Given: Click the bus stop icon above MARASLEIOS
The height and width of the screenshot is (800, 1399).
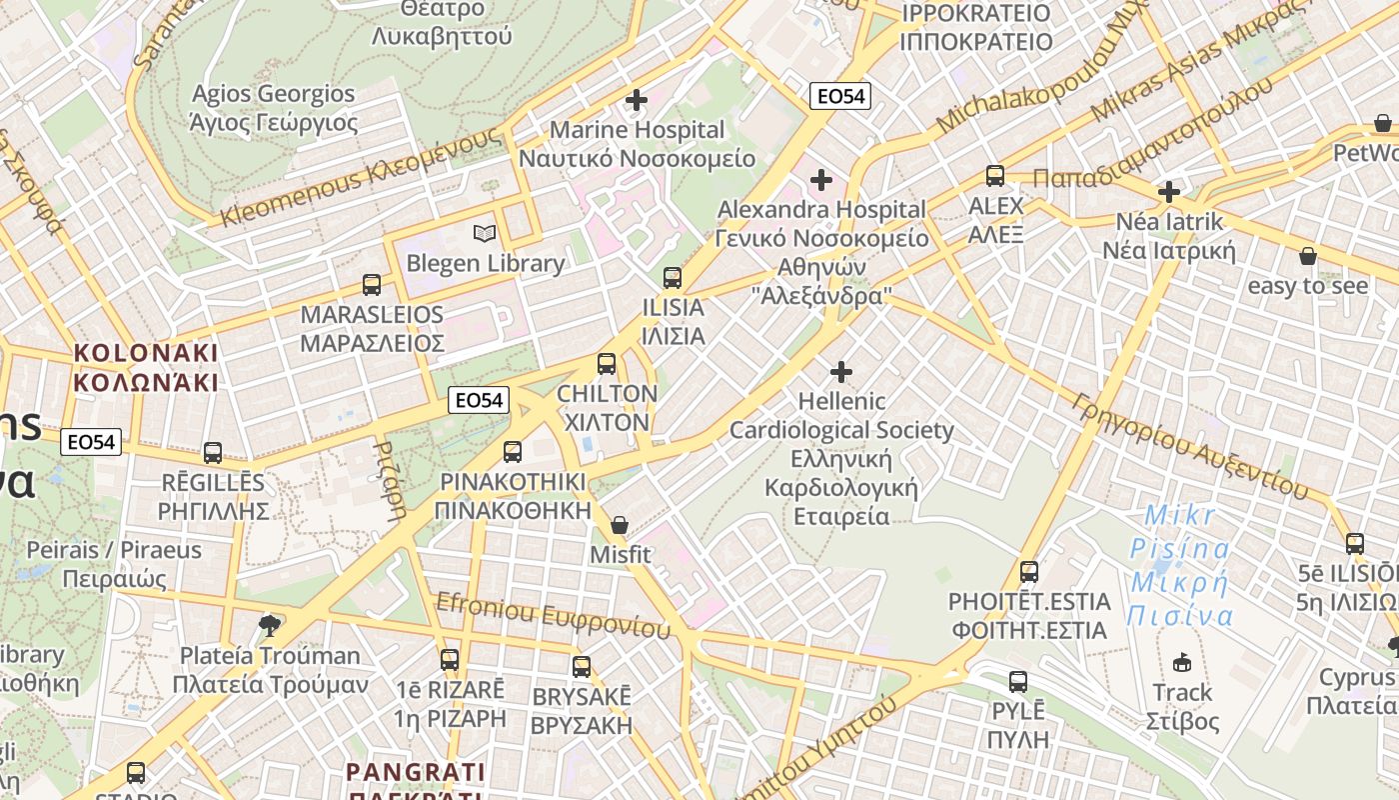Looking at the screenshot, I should (x=372, y=285).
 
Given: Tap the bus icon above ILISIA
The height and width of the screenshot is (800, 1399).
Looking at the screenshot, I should (x=673, y=278).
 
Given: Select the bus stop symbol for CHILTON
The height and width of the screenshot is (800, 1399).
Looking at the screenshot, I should (x=607, y=364).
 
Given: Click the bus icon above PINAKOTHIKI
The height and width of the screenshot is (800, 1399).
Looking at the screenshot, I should (x=513, y=452).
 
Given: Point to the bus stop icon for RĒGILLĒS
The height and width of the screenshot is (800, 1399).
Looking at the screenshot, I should (x=213, y=453).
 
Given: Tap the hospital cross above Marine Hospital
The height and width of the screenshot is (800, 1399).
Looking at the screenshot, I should (x=637, y=100).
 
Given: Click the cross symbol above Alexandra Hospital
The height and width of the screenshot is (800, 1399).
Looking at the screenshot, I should (x=821, y=180).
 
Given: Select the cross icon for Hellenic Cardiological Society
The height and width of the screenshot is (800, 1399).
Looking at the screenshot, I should (x=841, y=372).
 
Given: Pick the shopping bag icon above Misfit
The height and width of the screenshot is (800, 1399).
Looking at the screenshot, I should (x=620, y=525).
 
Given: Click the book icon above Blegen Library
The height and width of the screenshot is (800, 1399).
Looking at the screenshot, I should (x=485, y=234).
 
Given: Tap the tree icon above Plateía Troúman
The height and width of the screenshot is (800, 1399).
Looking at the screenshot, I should (x=269, y=626).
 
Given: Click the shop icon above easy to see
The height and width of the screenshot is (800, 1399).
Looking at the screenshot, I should (x=1308, y=257).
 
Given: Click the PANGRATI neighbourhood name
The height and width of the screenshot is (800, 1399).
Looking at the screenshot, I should (x=416, y=772).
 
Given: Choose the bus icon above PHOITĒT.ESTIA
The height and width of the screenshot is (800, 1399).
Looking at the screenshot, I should (x=1029, y=572).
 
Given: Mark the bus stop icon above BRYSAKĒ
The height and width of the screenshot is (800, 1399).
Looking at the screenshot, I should (x=582, y=667).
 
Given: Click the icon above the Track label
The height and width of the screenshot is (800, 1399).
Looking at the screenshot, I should (x=1182, y=662).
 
